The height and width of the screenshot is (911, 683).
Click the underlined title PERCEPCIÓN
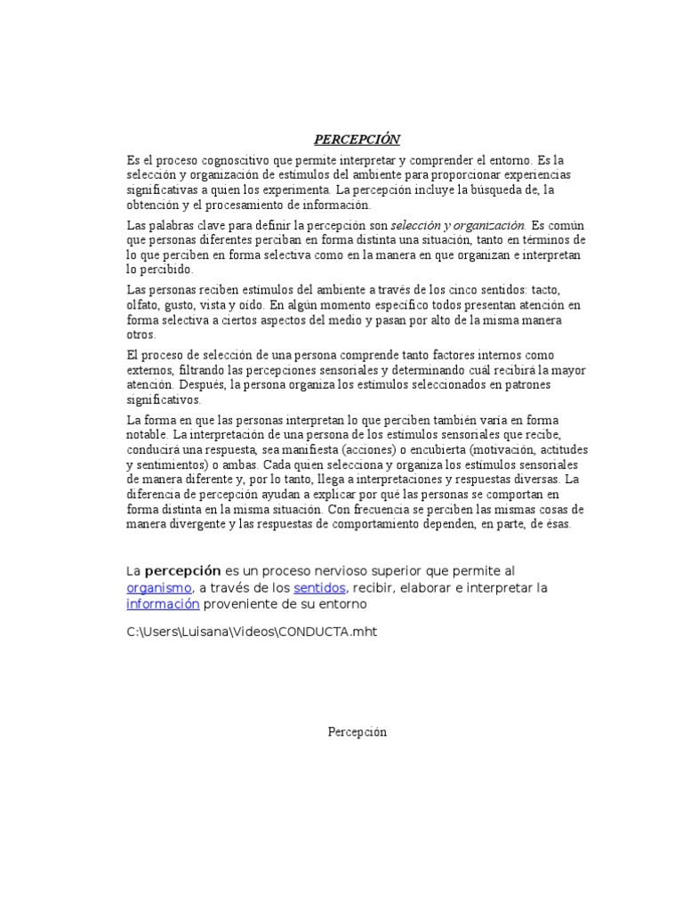357,140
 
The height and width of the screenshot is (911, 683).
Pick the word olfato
144,306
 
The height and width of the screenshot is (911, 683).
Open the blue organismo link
159,588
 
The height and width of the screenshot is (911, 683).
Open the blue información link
164,604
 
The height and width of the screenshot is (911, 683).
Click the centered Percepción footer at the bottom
357,732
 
